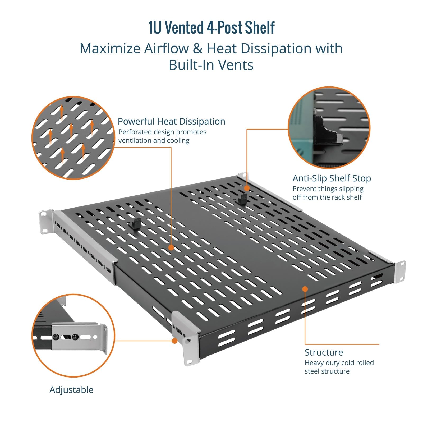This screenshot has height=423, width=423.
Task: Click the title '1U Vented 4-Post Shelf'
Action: tap(212, 27)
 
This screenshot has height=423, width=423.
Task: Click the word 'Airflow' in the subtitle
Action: tap(170, 48)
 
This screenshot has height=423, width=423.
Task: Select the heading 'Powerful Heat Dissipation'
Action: tap(171, 121)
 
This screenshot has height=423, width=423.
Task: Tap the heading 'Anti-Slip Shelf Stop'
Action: tap(332, 178)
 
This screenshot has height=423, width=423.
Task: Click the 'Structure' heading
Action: tap(324, 352)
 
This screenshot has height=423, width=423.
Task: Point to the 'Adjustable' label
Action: tap(71, 390)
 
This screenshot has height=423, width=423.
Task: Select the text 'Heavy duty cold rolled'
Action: tap(339, 363)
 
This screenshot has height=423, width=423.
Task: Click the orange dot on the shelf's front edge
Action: tap(305, 289)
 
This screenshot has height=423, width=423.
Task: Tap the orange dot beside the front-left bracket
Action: tap(174, 341)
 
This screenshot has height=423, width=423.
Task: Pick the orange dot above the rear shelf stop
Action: tap(247, 188)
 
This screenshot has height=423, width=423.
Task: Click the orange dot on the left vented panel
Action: tap(171, 247)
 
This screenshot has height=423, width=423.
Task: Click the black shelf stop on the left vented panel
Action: tap(135, 223)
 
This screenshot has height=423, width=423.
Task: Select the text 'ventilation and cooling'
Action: tap(154, 140)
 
